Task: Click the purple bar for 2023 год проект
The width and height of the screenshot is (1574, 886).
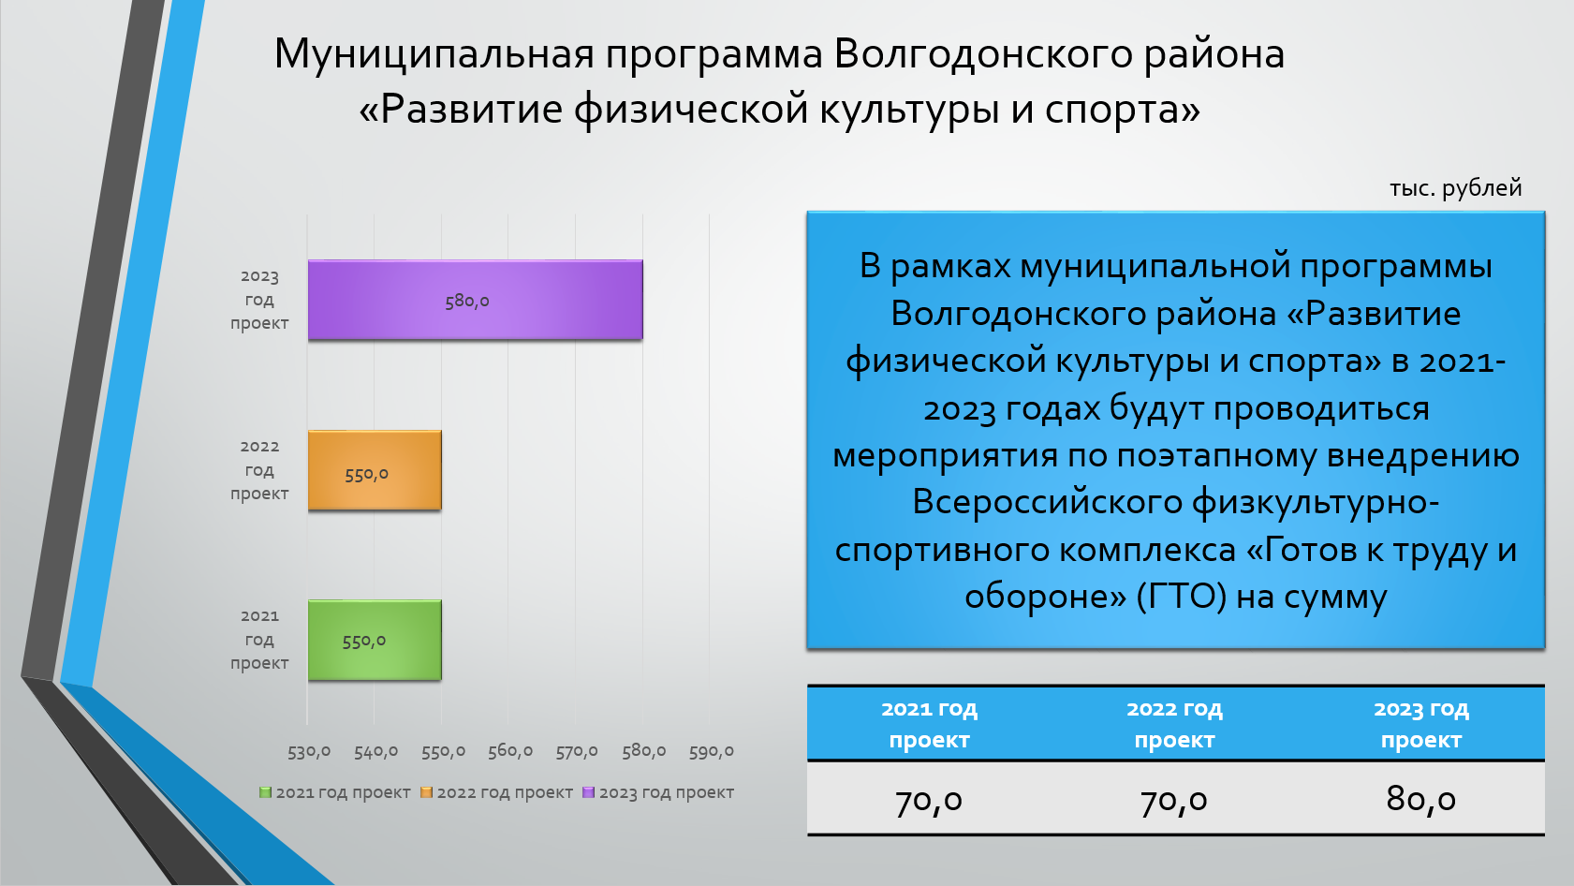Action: point(475,300)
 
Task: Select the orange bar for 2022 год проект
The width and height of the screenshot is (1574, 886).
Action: point(375,470)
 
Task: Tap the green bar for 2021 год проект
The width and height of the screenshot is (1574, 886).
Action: point(375,640)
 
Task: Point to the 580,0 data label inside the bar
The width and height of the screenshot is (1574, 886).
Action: point(466,302)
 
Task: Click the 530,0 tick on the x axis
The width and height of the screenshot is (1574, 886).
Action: point(308,751)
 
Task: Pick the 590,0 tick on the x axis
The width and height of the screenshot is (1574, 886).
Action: point(711,751)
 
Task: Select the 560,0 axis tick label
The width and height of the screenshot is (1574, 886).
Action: point(510,751)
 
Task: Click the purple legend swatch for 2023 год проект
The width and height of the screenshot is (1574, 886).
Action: point(589,792)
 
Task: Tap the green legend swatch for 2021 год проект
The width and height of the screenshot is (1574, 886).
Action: point(265,792)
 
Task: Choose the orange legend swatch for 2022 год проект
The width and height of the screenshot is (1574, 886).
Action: point(426,792)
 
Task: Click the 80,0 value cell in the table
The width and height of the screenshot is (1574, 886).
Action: point(1420,799)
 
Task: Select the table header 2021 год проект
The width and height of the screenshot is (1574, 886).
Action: point(929,724)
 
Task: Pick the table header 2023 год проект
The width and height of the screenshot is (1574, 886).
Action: point(1420,724)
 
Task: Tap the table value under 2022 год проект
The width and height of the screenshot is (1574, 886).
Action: point(1174,800)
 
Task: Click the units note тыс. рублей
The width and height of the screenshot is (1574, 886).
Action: point(1456,188)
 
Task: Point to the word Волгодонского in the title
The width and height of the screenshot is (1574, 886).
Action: point(983,54)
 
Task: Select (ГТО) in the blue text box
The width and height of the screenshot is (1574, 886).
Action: point(1181,597)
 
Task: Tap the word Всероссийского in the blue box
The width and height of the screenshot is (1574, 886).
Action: point(1047,502)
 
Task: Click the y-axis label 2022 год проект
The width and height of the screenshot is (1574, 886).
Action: point(259,469)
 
